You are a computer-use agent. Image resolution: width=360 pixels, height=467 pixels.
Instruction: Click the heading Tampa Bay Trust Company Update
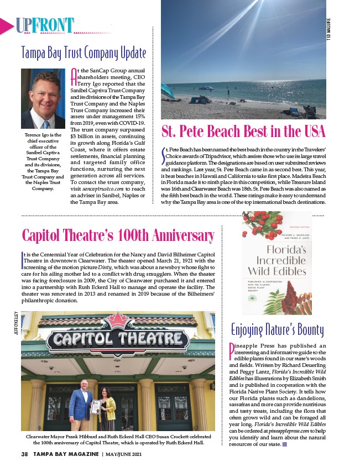[84, 53]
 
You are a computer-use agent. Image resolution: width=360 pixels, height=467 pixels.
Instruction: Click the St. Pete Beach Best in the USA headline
[243, 132]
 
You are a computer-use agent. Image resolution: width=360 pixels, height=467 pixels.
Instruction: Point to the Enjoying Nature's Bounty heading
[276, 330]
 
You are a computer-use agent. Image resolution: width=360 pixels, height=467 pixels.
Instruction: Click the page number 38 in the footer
[24, 454]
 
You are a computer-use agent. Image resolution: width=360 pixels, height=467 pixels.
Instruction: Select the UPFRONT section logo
[45, 25]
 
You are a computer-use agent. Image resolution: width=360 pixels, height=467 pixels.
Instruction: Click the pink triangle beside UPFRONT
[7, 25]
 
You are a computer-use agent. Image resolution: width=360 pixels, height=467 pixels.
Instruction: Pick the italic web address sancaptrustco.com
[108, 188]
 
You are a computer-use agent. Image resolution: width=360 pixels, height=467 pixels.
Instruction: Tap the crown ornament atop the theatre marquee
[118, 319]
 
